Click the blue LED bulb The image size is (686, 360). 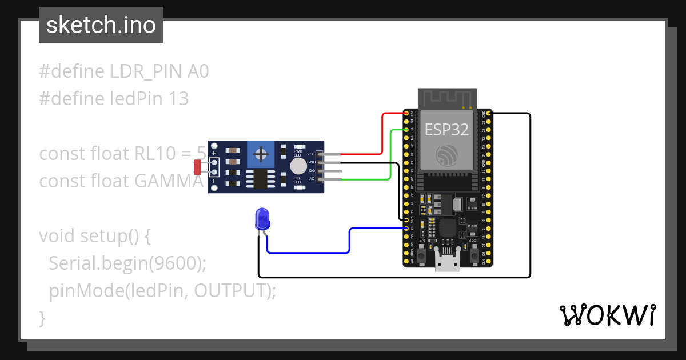coord(262,219)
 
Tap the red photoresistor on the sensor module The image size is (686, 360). coord(198,167)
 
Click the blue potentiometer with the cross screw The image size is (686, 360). coord(261,154)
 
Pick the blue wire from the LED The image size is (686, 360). coord(349,240)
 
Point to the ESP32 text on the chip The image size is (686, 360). coord(446,130)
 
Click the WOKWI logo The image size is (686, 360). coord(607,315)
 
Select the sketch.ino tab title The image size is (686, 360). coord(101,26)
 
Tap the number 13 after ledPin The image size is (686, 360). coord(179,99)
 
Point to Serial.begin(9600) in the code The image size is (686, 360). coord(127,263)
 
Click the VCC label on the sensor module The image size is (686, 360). coord(310,154)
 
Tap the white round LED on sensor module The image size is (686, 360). coord(298,166)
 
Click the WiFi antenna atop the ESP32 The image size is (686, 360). coord(447,98)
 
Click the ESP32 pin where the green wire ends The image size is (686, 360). coord(406,130)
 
